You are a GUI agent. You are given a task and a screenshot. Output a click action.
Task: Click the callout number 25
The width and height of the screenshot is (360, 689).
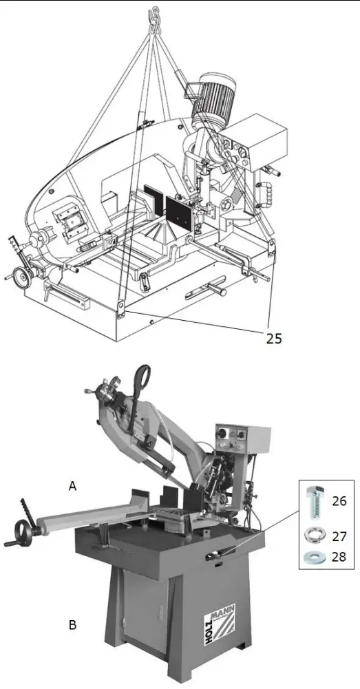(x=273, y=337)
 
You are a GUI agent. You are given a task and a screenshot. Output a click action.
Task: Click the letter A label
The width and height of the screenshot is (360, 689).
(x=72, y=486)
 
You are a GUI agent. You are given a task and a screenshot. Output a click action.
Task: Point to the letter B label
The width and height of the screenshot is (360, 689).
(x=72, y=626)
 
